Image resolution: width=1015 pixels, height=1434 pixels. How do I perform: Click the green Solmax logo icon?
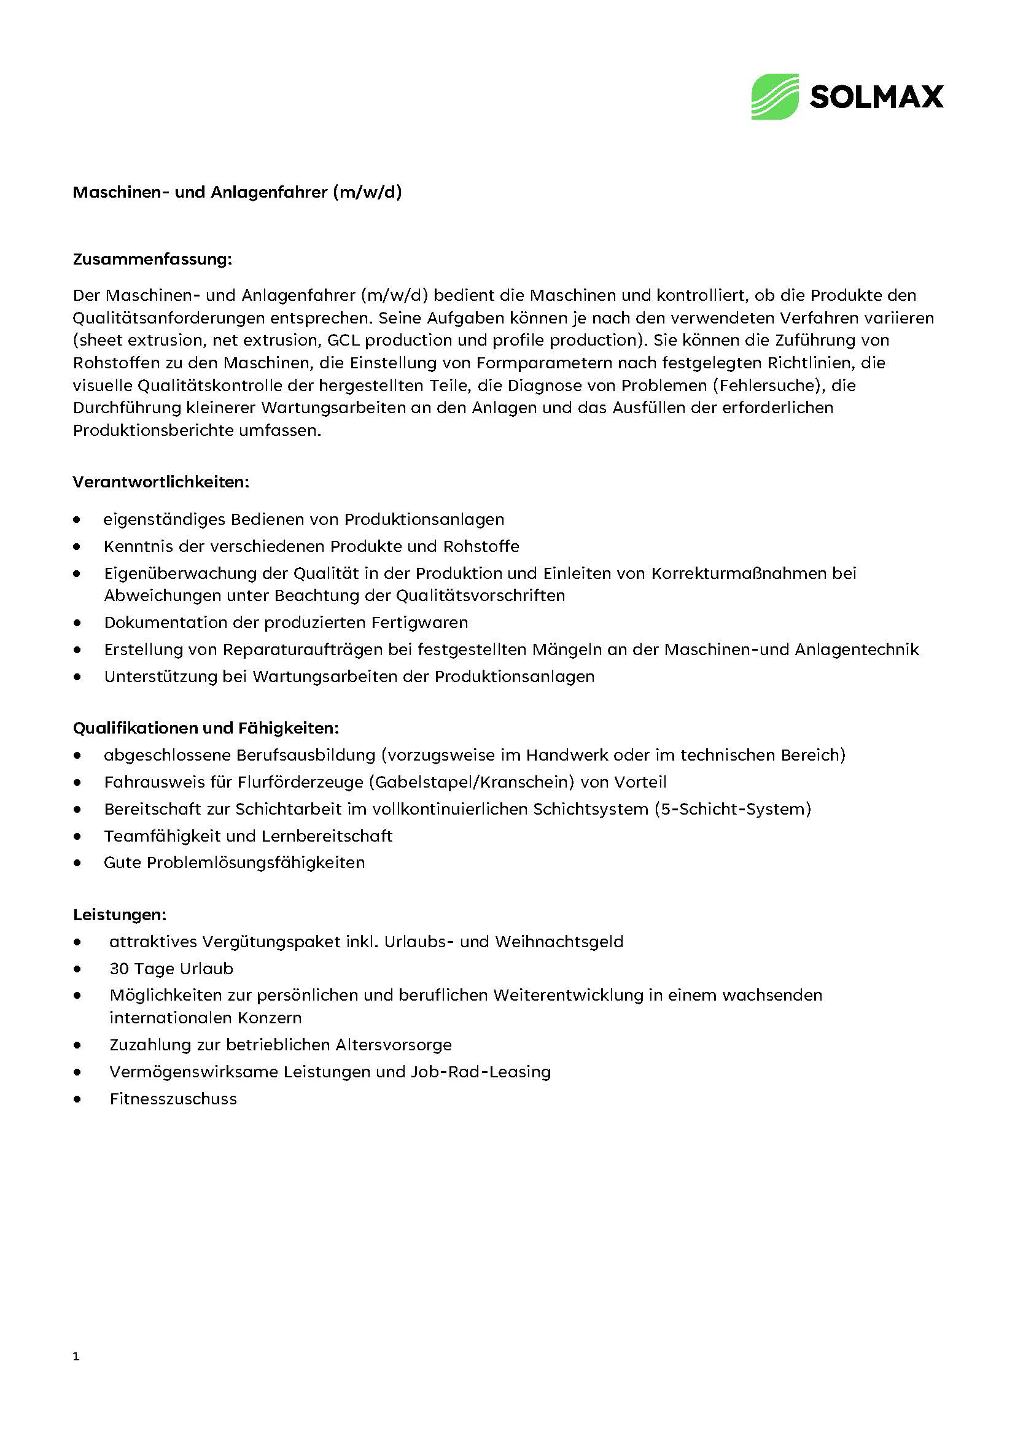point(774,97)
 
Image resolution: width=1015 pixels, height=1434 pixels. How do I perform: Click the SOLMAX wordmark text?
point(876,98)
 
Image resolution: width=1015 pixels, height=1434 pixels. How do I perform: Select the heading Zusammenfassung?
point(152,259)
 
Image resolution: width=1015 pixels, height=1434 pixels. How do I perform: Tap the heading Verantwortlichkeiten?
point(161,483)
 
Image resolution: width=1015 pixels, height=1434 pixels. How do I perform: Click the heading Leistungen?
point(120,915)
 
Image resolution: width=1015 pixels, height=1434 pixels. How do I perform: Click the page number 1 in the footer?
point(76,1357)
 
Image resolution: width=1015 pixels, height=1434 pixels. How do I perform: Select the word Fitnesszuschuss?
point(173,1099)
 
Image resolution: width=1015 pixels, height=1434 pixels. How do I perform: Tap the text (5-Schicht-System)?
point(733,809)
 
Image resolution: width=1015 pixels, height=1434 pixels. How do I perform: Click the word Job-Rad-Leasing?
point(481,1072)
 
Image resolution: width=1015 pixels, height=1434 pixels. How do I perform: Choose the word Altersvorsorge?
point(393,1045)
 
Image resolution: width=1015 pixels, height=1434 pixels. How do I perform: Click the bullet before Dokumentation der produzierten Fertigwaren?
point(77,623)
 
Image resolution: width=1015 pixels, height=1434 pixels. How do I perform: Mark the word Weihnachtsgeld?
point(559,942)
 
